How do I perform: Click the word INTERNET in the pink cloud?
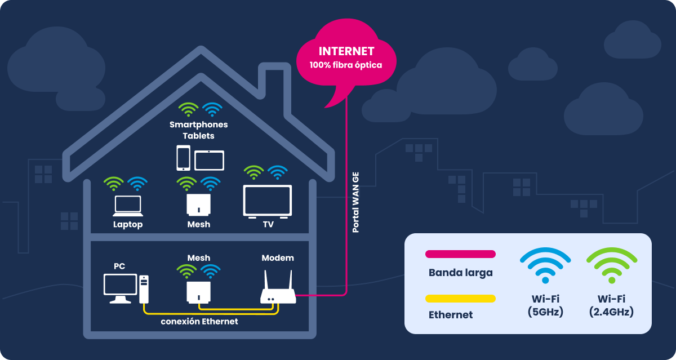(x=346, y=51)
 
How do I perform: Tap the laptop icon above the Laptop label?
(x=128, y=206)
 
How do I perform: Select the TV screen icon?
(x=267, y=201)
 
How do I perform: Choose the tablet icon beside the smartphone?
(x=209, y=160)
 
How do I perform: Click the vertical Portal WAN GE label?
(x=355, y=201)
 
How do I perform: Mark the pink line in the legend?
(x=460, y=254)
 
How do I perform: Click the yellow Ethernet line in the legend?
(x=460, y=298)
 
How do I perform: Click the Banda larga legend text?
(x=460, y=273)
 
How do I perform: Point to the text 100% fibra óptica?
(x=346, y=65)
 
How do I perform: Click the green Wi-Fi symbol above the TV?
(x=254, y=172)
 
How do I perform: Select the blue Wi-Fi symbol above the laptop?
(x=137, y=183)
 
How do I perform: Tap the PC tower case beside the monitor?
(x=144, y=288)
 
